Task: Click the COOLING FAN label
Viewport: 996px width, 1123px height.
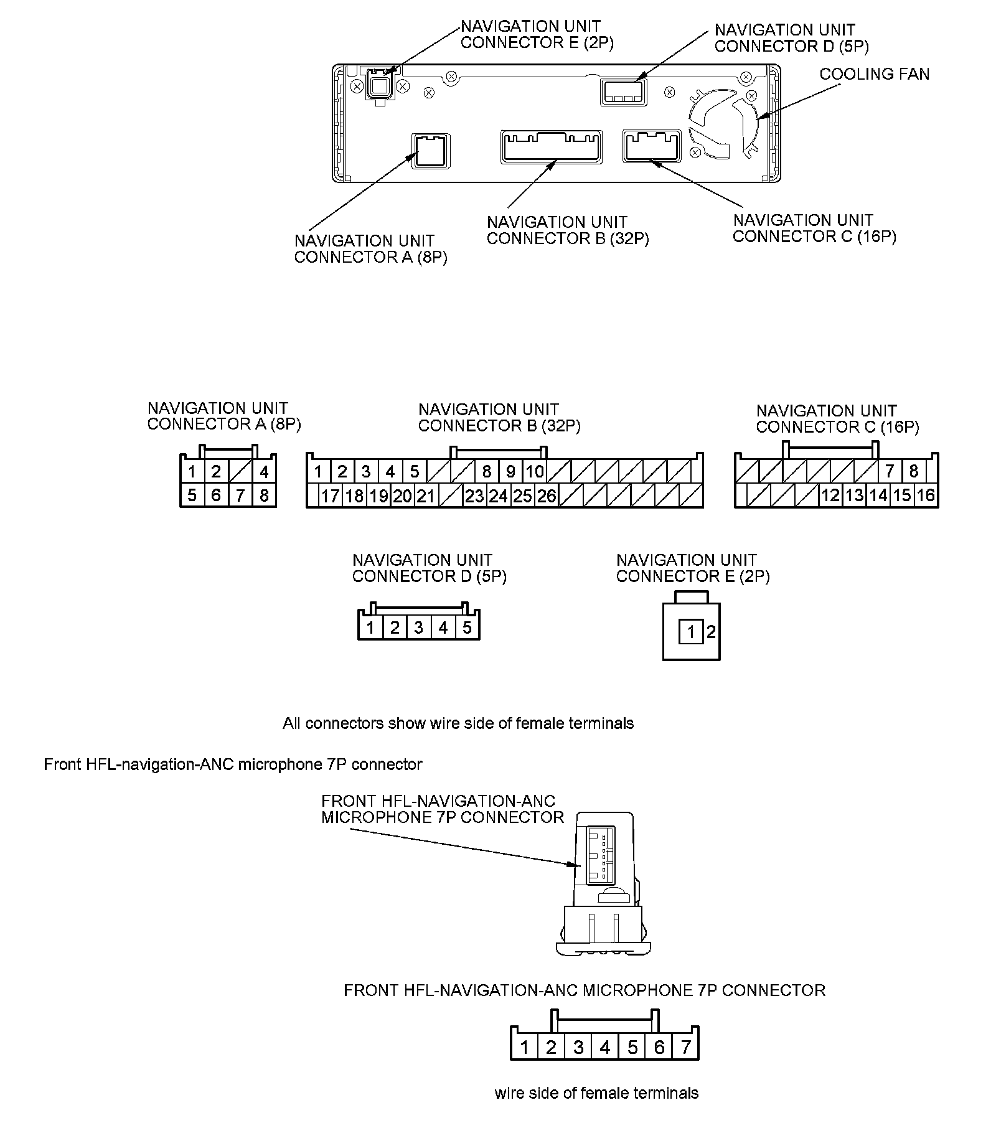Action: coord(873,74)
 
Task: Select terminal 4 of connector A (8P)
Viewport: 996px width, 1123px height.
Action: coord(264,472)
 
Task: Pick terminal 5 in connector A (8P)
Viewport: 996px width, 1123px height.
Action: coord(192,496)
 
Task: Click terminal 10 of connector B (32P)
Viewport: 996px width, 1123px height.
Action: coord(535,472)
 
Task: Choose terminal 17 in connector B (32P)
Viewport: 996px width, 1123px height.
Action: coord(330,496)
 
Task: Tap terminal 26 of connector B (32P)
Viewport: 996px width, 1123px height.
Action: coord(547,496)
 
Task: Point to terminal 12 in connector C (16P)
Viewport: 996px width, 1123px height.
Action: coord(830,496)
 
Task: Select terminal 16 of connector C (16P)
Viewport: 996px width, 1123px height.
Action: coord(926,496)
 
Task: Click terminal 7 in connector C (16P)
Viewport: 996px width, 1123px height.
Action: coord(890,471)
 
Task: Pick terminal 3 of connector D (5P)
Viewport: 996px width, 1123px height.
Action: coord(418,627)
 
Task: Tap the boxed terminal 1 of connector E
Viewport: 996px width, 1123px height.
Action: coord(690,633)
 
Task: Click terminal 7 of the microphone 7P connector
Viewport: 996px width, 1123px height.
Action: coord(685,1047)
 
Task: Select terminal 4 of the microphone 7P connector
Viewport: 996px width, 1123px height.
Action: coord(604,1047)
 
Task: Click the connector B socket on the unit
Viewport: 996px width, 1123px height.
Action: coord(551,147)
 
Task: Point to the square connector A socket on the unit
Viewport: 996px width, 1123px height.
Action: coord(430,150)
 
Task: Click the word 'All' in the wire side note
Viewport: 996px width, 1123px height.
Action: coord(292,723)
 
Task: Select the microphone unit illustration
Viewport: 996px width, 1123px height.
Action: coord(603,885)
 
